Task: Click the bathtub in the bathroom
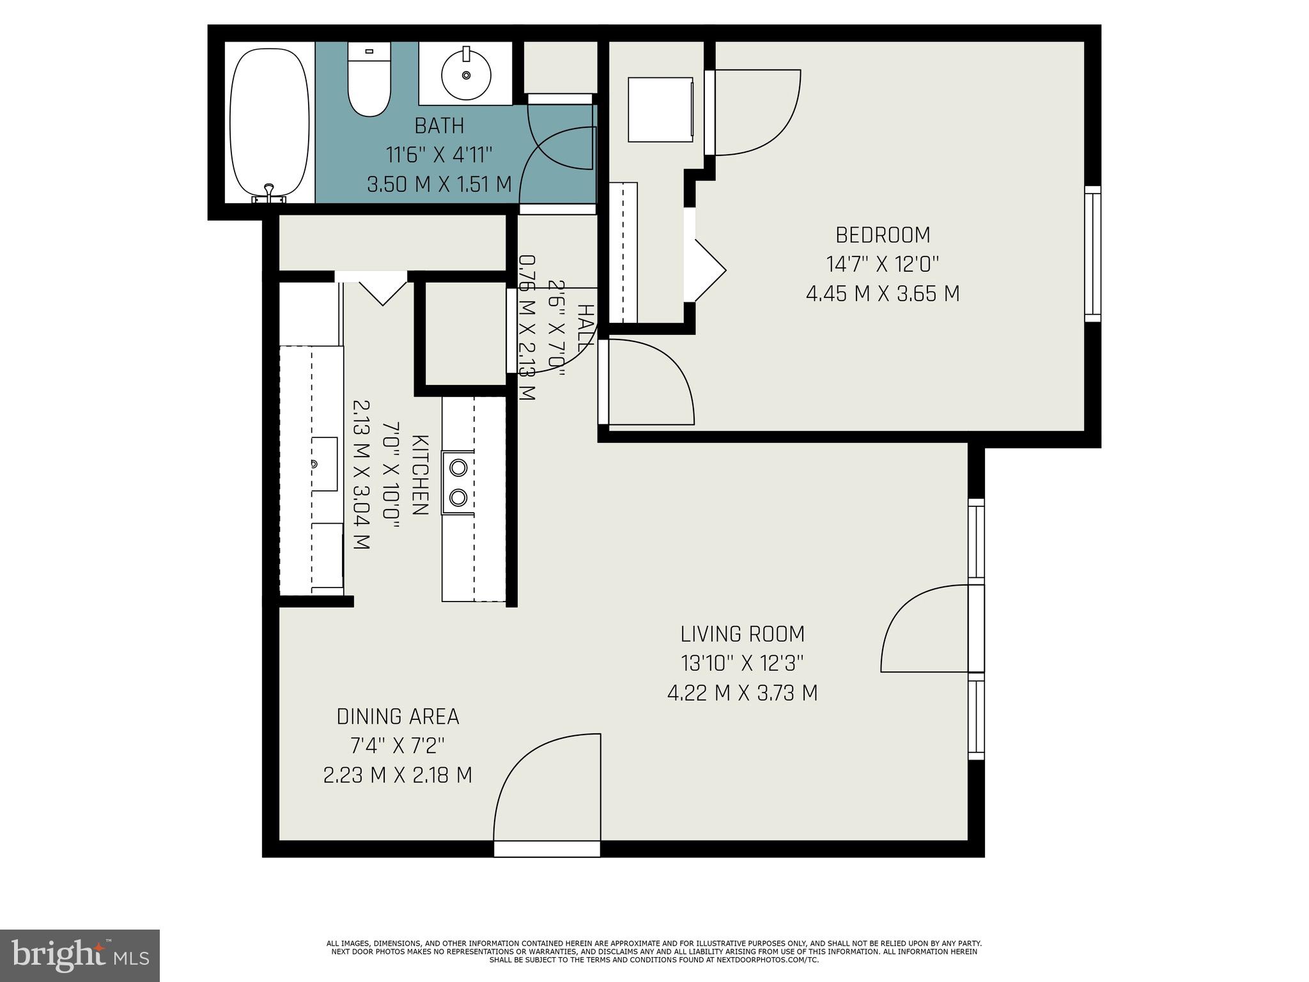click(x=271, y=121)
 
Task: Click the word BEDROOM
click(x=883, y=235)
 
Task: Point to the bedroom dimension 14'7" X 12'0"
click(x=883, y=264)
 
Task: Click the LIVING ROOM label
click(x=742, y=634)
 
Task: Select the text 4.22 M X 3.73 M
click(x=742, y=693)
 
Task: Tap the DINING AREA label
click(x=398, y=717)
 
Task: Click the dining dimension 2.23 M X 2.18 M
click(x=398, y=775)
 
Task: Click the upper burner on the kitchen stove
click(x=458, y=467)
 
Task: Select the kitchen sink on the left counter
click(x=324, y=464)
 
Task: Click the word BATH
click(x=439, y=126)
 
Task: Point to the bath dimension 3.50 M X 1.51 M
click(x=439, y=185)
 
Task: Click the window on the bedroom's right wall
click(x=1092, y=254)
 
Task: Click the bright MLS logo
click(x=80, y=955)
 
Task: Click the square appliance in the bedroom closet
click(x=660, y=109)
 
